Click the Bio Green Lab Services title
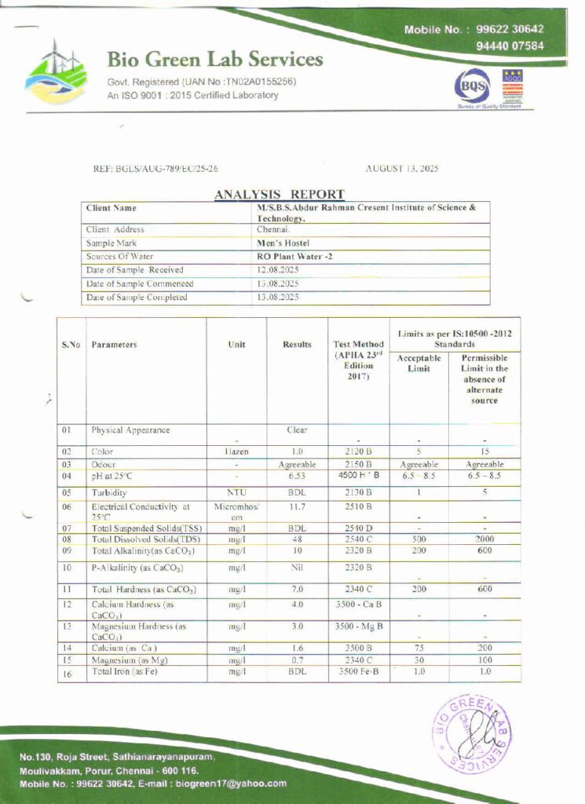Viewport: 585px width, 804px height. (214, 60)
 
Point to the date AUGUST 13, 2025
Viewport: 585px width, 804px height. (403, 168)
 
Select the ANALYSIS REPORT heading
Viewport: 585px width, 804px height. (279, 194)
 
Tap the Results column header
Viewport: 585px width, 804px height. (297, 344)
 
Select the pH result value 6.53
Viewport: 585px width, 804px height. (297, 476)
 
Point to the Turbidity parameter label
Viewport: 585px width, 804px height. (109, 492)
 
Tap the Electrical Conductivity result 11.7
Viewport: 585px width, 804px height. (297, 508)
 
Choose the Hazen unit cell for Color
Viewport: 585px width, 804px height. (236, 452)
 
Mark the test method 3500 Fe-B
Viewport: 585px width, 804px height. (358, 672)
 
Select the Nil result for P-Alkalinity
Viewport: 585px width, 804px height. (297, 567)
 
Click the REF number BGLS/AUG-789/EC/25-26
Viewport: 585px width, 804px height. (155, 168)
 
